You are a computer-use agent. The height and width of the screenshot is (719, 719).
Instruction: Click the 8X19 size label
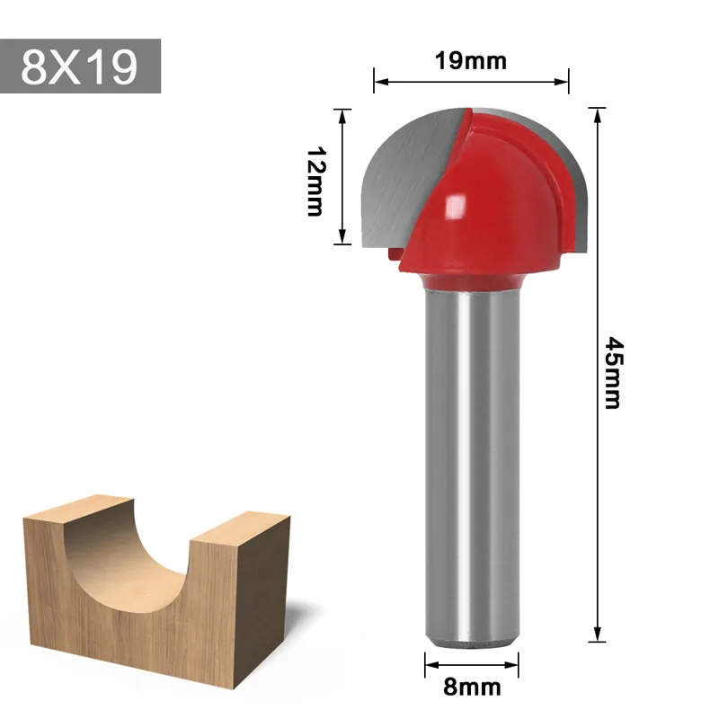[80, 66]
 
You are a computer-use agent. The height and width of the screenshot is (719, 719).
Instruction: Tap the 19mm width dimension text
[470, 61]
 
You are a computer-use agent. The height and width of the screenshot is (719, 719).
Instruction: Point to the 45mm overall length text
[612, 372]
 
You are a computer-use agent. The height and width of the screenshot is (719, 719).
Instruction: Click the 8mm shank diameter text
[472, 688]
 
